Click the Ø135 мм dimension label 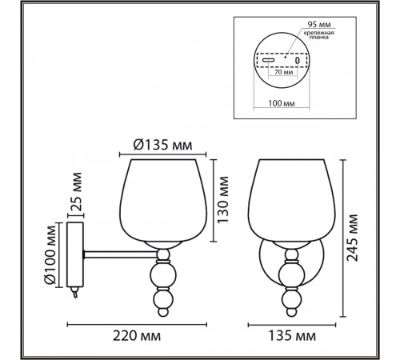coord(162,146)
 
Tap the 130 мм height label coord(223,200)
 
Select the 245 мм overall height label coord(352,238)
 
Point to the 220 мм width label coord(137,336)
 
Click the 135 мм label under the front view coord(292,336)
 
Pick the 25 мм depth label coord(76,192)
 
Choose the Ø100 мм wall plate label coord(50,255)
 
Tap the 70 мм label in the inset coord(283,72)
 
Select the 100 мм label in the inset coord(282,103)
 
